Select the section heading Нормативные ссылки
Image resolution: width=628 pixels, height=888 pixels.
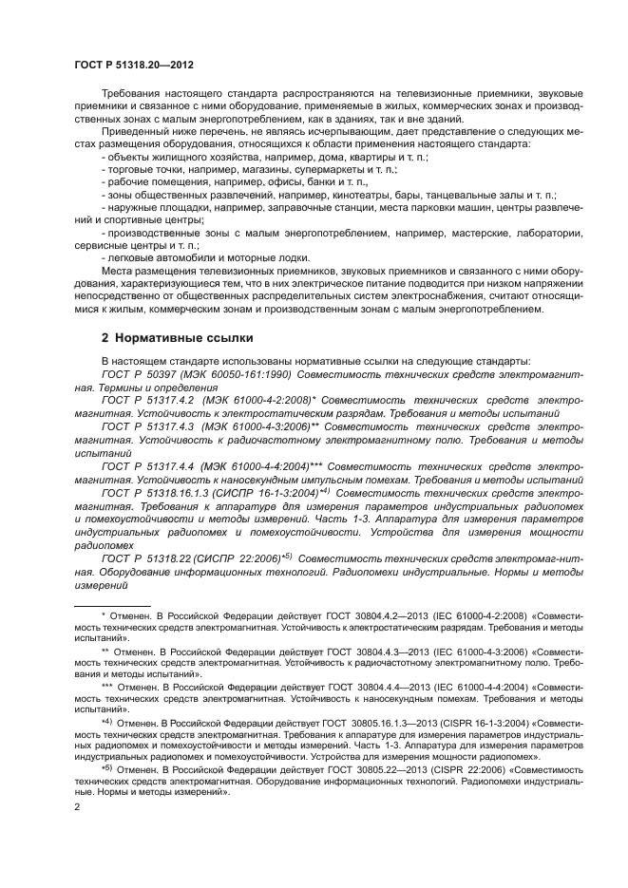[x=178, y=337]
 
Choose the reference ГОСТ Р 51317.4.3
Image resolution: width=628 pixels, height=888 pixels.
[x=150, y=428]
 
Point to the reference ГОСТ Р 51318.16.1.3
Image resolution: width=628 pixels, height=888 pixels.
[x=158, y=494]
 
